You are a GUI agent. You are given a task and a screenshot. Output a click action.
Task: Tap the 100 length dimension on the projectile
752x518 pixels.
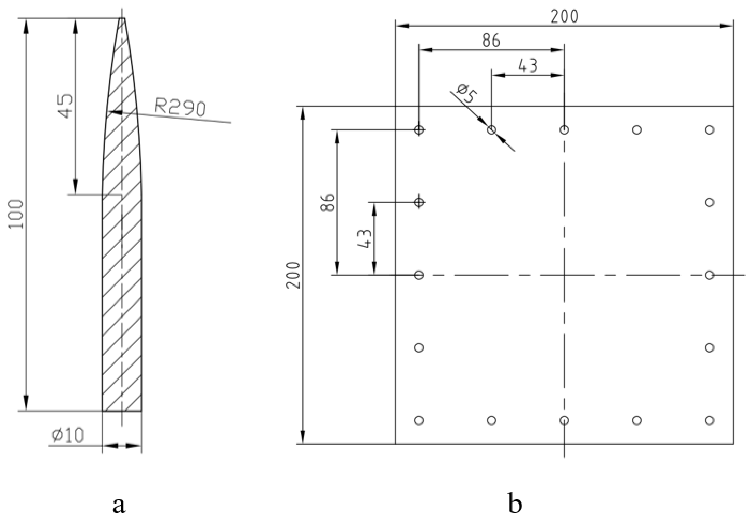point(16,214)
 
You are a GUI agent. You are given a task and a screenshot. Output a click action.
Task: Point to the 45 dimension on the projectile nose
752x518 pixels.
point(66,106)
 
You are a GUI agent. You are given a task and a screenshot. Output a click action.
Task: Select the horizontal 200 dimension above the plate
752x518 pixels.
point(564,16)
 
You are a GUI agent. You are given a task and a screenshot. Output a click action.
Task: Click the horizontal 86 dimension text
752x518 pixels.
point(491,41)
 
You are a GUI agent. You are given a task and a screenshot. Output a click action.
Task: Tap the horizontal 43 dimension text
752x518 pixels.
point(528,66)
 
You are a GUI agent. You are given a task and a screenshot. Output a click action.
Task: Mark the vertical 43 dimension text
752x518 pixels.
point(364,239)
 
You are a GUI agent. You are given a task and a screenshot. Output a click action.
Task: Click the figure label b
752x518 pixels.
point(515,504)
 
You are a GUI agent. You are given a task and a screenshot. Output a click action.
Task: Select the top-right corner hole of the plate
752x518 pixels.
point(710,130)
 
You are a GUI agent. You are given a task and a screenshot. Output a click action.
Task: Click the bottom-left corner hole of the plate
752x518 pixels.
point(419,421)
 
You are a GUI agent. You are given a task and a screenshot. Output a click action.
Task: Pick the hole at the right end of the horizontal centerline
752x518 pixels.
point(710,275)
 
